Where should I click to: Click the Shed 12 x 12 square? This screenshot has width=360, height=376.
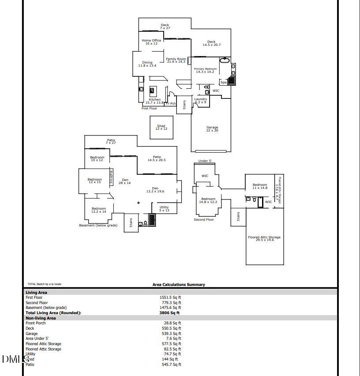161,127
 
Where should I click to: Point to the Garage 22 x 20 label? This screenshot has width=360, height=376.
212,129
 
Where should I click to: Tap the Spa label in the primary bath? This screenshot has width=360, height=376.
223,83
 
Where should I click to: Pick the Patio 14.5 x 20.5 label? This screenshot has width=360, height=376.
157,158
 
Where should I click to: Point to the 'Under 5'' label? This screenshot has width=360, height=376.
205,161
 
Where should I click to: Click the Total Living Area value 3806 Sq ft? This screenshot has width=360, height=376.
169,313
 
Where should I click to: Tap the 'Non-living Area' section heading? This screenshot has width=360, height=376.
41,318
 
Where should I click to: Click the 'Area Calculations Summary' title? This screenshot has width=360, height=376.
179,285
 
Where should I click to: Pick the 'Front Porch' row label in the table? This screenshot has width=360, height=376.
36,323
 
